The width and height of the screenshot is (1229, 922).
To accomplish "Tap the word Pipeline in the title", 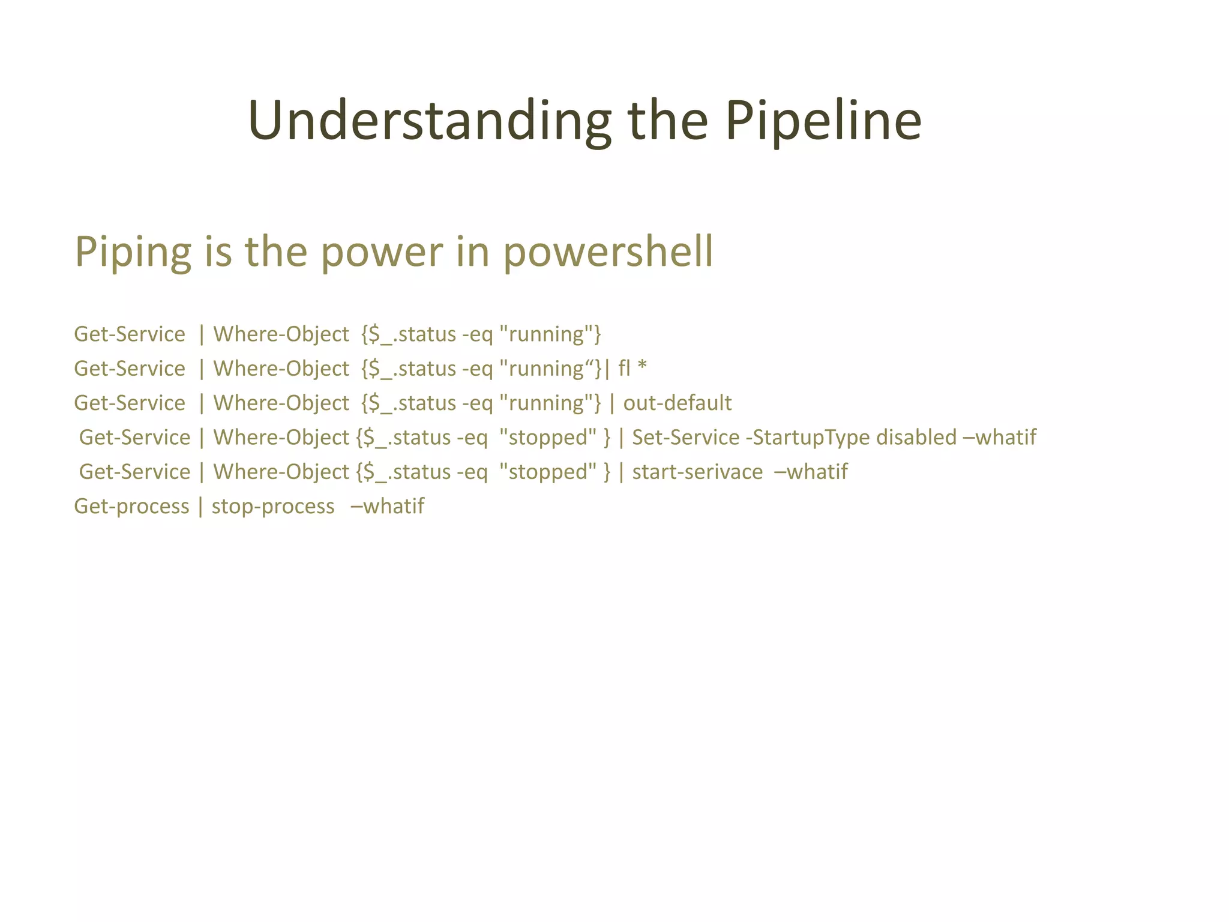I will point(823,122).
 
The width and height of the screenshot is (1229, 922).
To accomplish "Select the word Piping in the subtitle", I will point(133,252).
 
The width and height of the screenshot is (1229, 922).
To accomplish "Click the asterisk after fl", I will point(642,367).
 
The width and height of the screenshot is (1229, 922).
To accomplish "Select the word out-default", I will point(677,403).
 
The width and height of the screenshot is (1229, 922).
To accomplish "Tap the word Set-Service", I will point(685,437).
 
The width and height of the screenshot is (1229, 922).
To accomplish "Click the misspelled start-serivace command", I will point(697,472).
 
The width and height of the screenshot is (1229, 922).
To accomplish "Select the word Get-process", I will point(131,507).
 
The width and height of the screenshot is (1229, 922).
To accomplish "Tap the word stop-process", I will point(273,507).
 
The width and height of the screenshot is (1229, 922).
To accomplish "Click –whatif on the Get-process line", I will point(387,506).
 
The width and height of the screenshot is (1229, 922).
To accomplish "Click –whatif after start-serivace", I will point(811,472).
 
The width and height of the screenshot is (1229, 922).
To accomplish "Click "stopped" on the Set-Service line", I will point(548,437).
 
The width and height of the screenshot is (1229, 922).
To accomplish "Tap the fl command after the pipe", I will point(624,368).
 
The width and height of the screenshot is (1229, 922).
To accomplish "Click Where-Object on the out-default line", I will point(281,403).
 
